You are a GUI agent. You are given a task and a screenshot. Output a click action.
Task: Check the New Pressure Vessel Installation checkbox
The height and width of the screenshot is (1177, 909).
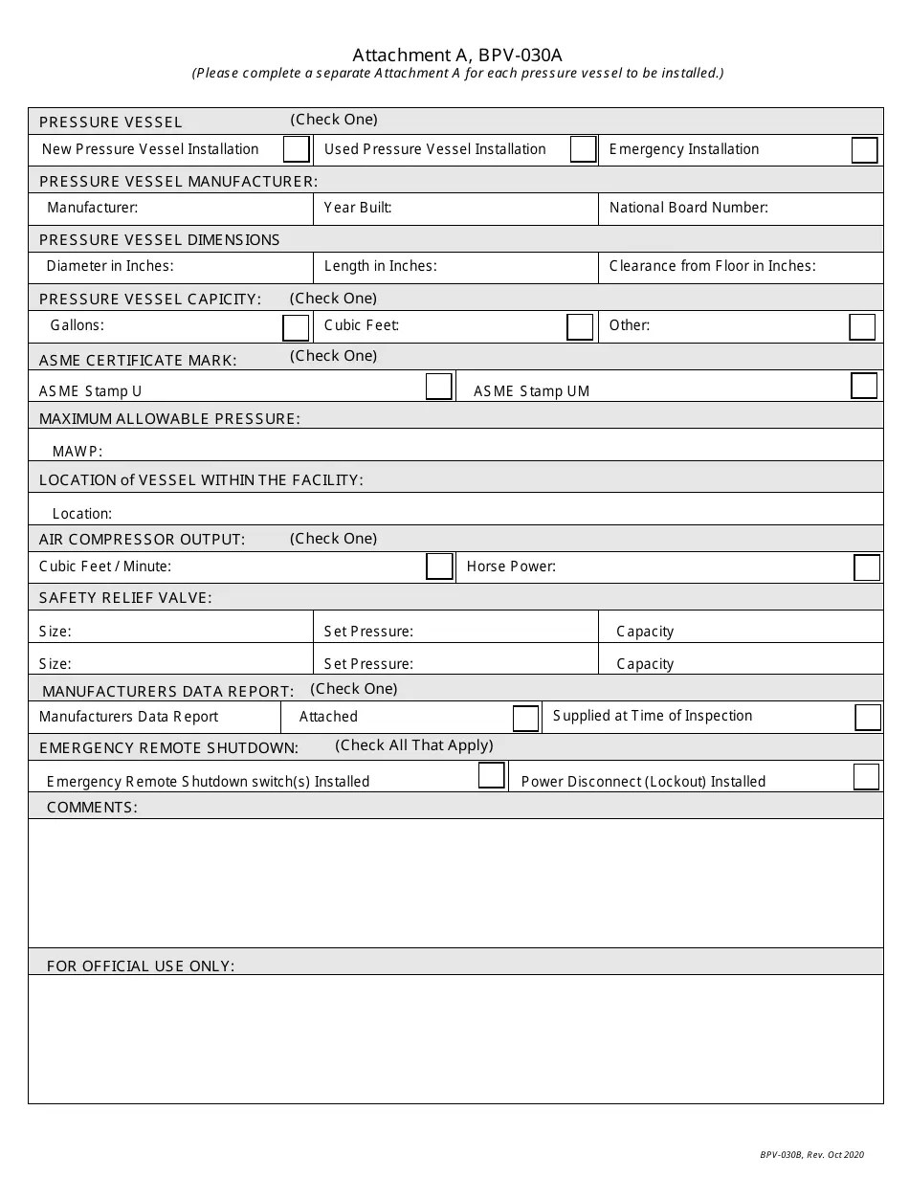(x=297, y=149)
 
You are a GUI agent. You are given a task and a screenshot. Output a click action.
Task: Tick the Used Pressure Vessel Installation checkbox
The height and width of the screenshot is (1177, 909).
(x=583, y=149)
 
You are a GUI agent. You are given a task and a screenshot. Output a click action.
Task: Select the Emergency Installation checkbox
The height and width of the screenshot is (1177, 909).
(x=864, y=150)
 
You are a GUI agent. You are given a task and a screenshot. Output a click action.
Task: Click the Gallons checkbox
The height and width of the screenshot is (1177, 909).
(x=296, y=327)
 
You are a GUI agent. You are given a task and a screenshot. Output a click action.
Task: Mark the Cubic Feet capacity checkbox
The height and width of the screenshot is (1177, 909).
(x=580, y=326)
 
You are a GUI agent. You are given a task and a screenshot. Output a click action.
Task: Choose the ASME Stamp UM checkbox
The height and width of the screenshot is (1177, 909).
(x=864, y=385)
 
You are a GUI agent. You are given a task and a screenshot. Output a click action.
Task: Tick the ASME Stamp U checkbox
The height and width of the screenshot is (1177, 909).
(x=439, y=386)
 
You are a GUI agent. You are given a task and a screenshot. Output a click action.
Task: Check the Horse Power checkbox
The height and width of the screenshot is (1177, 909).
(x=867, y=567)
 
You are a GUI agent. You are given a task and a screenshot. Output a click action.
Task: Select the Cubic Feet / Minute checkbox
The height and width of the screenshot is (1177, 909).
(x=439, y=566)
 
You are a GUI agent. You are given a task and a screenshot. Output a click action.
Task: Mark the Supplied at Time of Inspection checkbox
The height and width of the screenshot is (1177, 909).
(x=868, y=718)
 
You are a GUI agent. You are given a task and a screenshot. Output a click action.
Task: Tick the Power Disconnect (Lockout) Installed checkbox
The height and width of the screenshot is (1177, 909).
(x=866, y=776)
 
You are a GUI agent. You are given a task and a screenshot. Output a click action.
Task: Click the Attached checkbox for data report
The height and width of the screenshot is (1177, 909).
(x=525, y=718)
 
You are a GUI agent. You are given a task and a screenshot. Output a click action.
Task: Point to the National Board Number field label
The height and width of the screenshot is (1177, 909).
(x=688, y=208)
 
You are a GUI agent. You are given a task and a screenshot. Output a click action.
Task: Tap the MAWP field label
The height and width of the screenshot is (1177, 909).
(x=78, y=452)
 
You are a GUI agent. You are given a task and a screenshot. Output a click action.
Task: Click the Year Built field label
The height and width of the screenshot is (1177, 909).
(x=358, y=208)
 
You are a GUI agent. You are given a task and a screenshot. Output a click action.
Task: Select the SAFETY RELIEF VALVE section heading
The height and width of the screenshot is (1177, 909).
(x=125, y=598)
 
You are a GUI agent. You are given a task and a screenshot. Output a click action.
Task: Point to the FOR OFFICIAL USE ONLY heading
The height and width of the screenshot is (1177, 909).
(x=141, y=966)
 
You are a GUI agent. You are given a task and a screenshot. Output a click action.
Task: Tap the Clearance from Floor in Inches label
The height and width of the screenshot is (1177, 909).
(x=712, y=266)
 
